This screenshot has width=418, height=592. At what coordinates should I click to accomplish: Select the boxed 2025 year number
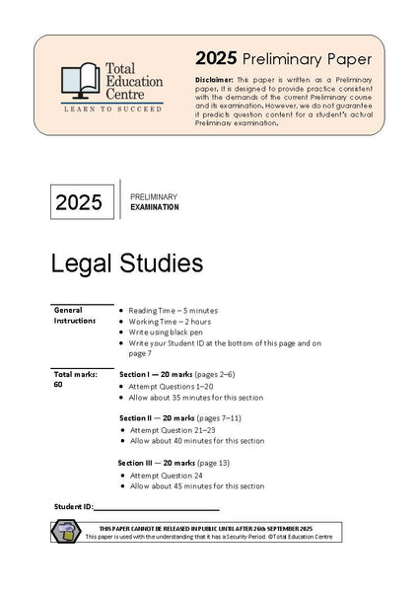pos(79,204)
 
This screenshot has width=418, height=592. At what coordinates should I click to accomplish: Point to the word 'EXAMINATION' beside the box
pos(155,208)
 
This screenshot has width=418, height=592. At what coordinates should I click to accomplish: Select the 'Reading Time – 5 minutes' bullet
pos(177,310)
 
